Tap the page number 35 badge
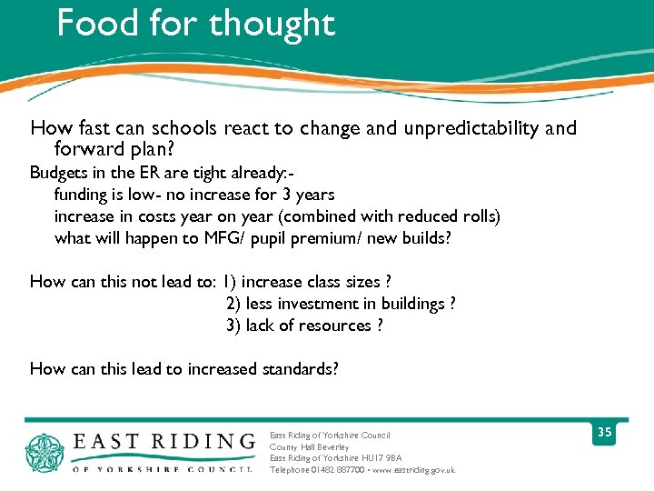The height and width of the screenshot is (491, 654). point(604,433)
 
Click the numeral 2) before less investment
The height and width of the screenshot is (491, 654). point(234,304)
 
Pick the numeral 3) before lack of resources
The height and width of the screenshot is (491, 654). point(234,326)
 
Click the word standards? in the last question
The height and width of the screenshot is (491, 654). point(300,369)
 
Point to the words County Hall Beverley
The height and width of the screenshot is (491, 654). point(309,447)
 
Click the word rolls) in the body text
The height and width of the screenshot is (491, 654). point(478,216)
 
